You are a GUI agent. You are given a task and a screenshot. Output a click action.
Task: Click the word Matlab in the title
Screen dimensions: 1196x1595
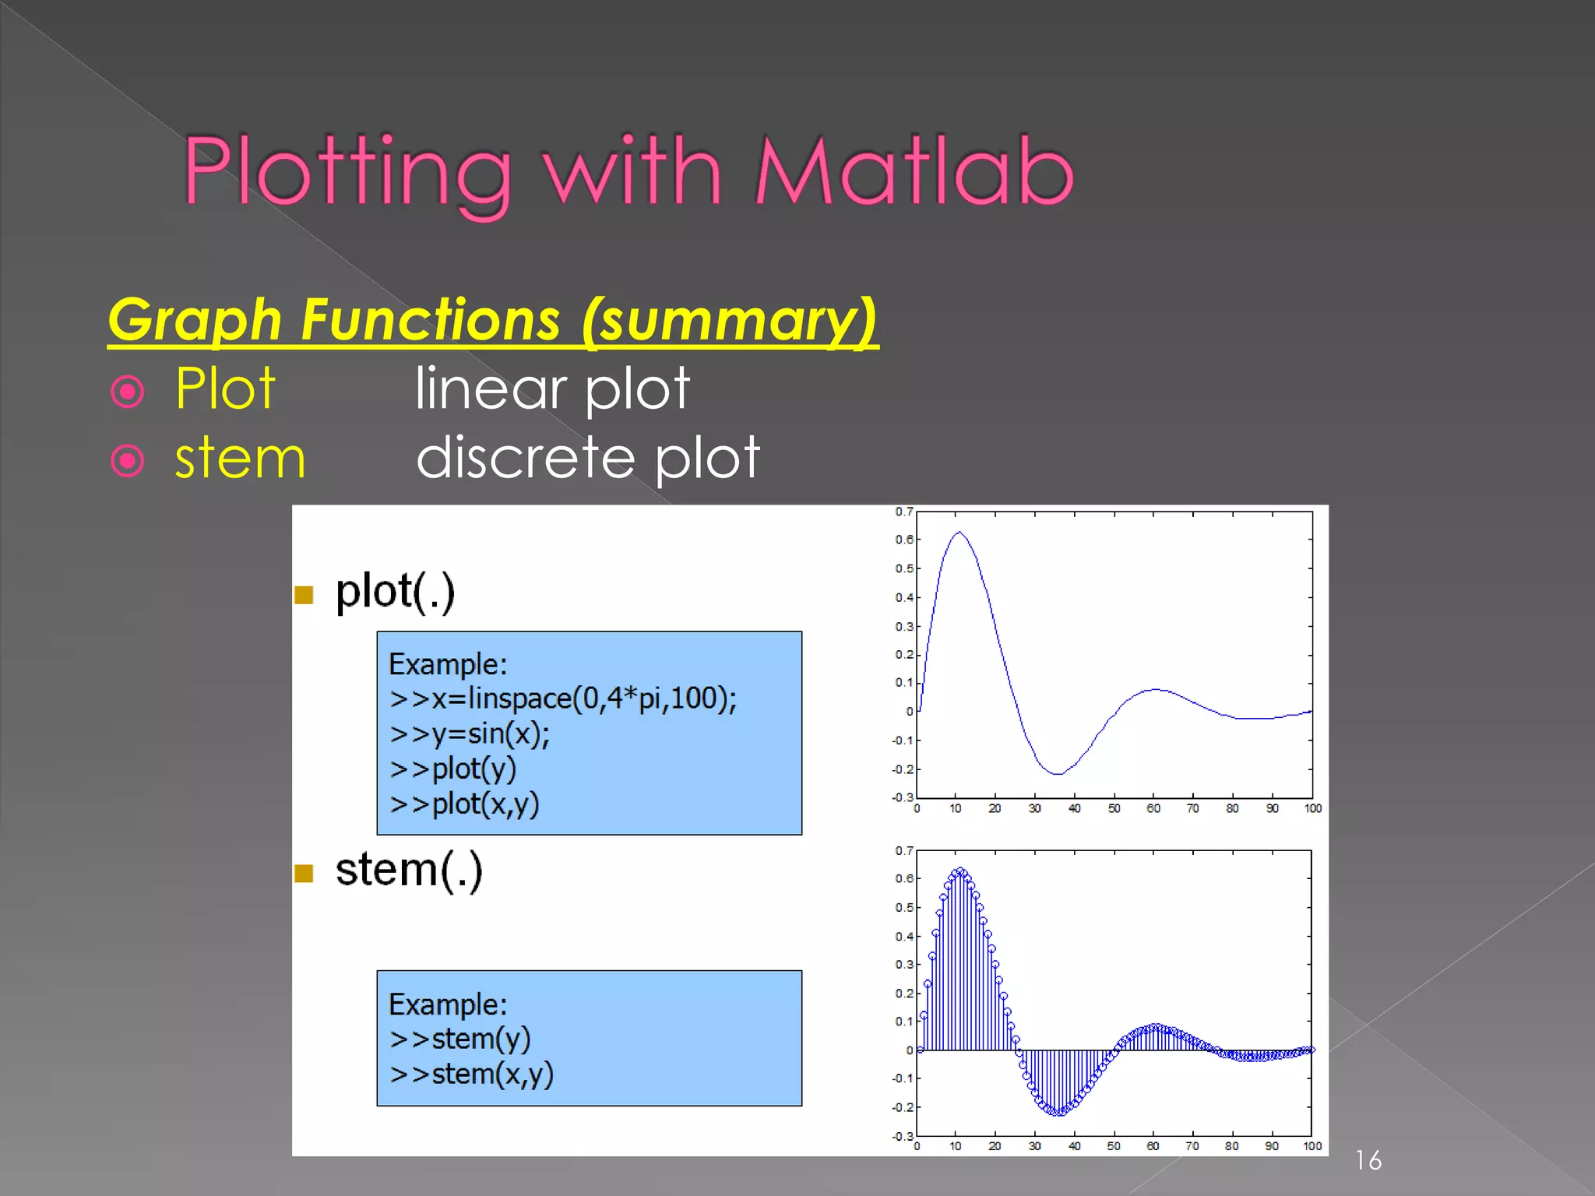tap(914, 172)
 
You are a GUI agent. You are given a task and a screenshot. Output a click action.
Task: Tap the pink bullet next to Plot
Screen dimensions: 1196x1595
tap(128, 391)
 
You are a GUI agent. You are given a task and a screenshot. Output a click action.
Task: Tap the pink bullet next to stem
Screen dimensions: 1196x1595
tap(128, 460)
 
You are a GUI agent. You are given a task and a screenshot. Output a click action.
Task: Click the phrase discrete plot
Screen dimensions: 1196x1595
tap(588, 458)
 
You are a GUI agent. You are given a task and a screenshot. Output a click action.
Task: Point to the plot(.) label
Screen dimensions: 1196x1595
tap(395, 591)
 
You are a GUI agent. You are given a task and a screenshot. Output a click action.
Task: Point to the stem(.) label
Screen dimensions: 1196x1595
tap(409, 870)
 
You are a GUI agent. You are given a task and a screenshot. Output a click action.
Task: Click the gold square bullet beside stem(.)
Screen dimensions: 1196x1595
tap(304, 874)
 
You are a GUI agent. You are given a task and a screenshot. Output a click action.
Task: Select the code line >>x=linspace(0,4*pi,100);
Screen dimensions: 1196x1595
tap(562, 698)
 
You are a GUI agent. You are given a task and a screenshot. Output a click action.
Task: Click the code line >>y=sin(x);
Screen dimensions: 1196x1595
tap(470, 733)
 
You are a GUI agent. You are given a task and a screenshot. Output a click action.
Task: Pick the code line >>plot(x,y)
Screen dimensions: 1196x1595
tap(464, 804)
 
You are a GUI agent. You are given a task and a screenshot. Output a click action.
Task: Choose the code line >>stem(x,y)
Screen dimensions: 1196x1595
tap(471, 1074)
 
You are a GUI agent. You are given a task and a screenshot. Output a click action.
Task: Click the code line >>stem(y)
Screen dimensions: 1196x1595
tap(459, 1039)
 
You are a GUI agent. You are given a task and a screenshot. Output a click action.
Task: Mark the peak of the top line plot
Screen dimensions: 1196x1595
tap(959, 533)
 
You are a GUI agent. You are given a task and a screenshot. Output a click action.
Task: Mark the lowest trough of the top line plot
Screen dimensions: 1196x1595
tap(1057, 773)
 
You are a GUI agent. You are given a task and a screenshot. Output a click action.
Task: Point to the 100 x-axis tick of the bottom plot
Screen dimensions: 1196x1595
tap(1312, 1146)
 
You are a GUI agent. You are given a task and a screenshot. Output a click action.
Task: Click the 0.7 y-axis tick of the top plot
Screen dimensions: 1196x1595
tap(903, 512)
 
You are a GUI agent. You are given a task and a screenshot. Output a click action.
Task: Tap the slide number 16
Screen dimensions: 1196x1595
tap(1368, 1160)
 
